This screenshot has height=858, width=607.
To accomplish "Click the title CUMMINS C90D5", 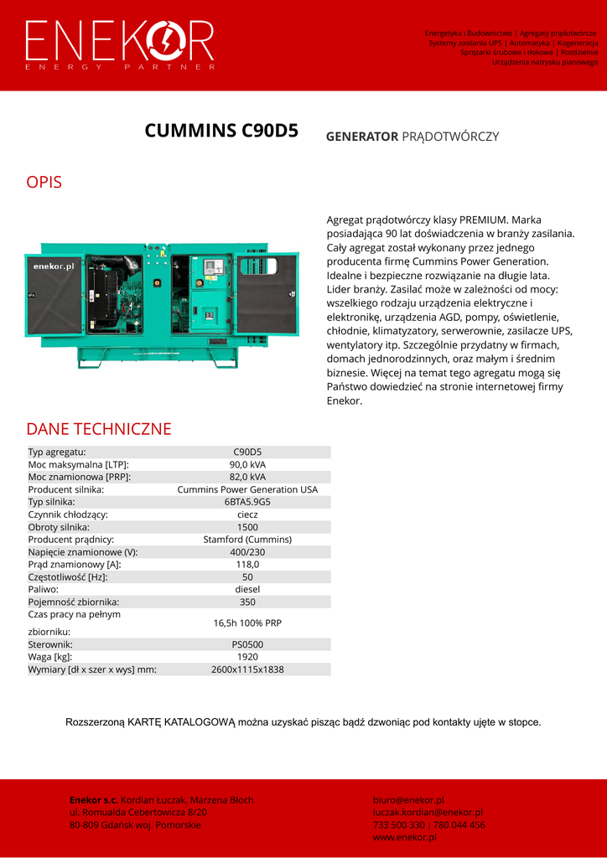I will click(x=221, y=131).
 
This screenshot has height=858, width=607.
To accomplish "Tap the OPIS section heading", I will click(x=44, y=182).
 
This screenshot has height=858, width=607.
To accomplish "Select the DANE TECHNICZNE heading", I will click(x=99, y=429).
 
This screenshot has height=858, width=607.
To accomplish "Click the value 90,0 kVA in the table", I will click(x=247, y=464).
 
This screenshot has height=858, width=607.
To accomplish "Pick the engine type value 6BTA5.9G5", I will click(x=247, y=502).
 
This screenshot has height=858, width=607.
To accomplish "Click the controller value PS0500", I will click(x=247, y=644).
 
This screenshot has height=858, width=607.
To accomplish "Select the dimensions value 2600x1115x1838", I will click(x=247, y=669).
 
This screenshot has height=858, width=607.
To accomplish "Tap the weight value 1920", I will click(x=247, y=657).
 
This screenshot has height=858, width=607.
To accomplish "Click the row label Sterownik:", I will click(x=50, y=644).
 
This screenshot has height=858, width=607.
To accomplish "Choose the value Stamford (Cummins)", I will click(x=247, y=540).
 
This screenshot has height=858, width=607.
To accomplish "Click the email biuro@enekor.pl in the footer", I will click(x=408, y=800).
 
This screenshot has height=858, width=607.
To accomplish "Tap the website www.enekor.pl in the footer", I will click(x=405, y=837).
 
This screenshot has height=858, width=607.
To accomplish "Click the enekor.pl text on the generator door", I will click(x=54, y=266).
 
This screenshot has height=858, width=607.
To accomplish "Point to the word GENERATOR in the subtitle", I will click(x=361, y=137).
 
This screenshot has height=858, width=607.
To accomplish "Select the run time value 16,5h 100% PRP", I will click(x=247, y=623).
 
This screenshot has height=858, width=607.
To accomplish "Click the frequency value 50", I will click(x=247, y=577).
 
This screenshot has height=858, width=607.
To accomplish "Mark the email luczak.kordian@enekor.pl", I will click(x=428, y=812).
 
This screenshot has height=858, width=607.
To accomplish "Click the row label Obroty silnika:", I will click(x=59, y=527).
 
